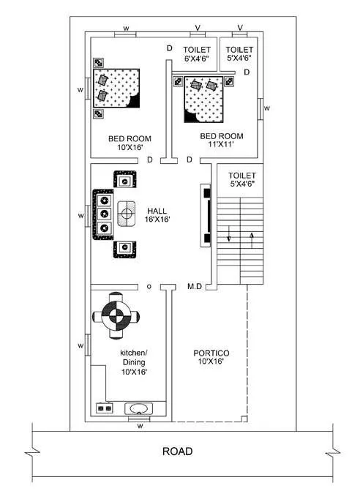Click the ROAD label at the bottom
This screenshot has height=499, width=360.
[x=178, y=451]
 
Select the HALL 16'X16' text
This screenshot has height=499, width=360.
[x=157, y=214]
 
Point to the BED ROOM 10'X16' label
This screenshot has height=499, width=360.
[x=130, y=143]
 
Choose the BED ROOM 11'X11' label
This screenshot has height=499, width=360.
[x=221, y=140]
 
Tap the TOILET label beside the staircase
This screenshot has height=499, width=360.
[x=241, y=180]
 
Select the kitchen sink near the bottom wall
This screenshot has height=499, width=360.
[x=138, y=408]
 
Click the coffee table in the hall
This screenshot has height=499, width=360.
[x=128, y=213]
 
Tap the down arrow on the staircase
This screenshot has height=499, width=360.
[x=230, y=237]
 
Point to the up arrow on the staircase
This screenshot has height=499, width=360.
[x=252, y=237]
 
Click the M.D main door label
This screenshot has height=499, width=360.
[x=195, y=287]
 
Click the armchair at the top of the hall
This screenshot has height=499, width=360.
[x=126, y=180]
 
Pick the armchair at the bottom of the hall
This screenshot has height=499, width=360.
[x=126, y=248]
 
